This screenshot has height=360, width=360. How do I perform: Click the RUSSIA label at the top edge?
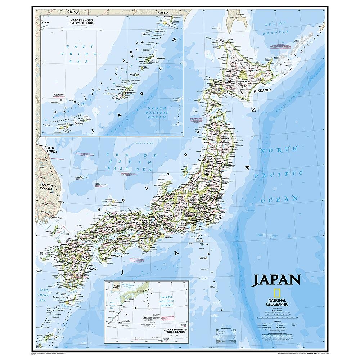[x=163, y=13]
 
